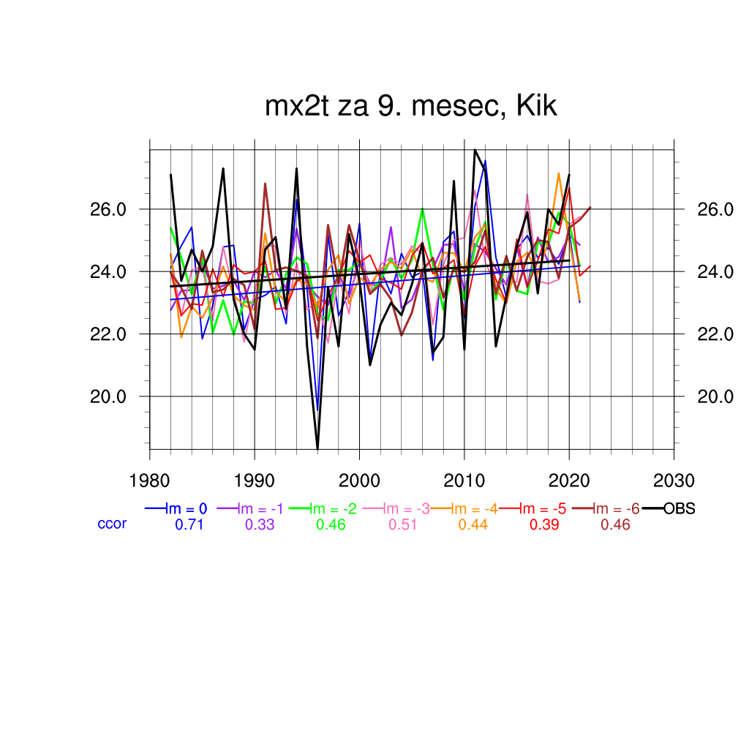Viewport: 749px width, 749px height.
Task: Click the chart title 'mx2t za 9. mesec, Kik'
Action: point(411,107)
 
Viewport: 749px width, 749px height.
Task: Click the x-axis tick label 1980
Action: point(149,481)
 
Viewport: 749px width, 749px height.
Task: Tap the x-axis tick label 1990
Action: point(255,481)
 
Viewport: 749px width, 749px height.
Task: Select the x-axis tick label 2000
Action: point(359,481)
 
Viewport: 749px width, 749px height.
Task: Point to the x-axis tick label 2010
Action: point(464,481)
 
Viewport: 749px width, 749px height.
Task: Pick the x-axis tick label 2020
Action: point(569,481)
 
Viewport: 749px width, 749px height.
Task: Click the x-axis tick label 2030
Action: point(674,481)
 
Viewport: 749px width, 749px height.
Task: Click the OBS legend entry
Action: point(679,508)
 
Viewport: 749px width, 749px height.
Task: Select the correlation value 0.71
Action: point(189,524)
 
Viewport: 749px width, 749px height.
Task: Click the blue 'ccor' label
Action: point(112,524)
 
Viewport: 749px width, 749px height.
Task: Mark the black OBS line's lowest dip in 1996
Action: point(317,448)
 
